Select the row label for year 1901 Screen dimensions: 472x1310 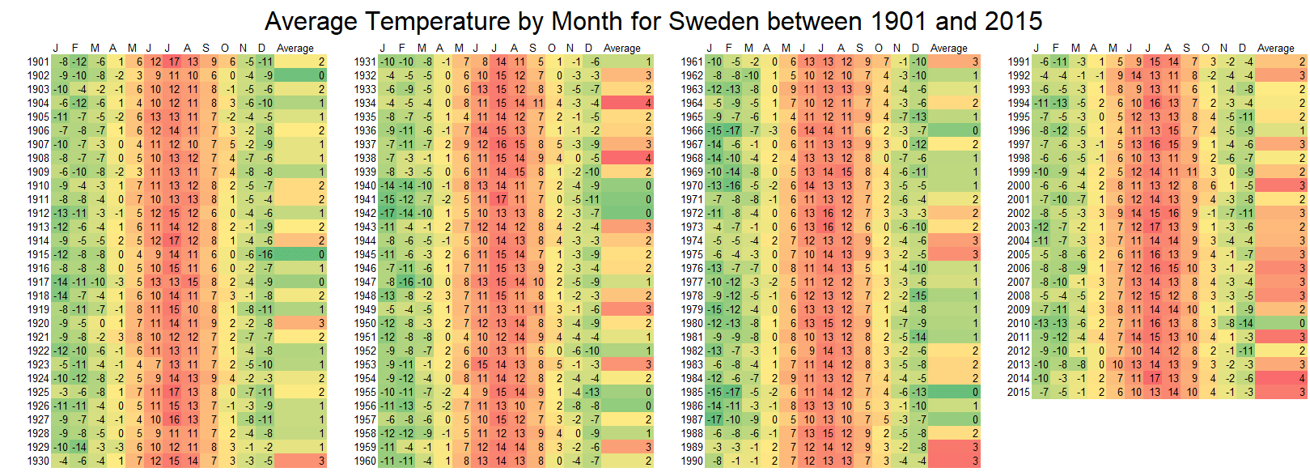click(x=38, y=62)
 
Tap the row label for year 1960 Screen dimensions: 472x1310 click(x=365, y=461)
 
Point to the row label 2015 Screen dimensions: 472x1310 click(x=1019, y=392)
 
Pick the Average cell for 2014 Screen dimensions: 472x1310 click(x=1279, y=378)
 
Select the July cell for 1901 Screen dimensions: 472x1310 click(x=175, y=62)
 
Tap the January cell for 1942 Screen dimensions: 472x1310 click(x=388, y=213)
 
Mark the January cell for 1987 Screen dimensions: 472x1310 click(x=714, y=419)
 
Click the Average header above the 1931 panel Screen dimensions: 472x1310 click(x=621, y=48)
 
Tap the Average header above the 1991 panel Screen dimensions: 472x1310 click(x=1275, y=48)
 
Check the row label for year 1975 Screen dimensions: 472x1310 click(x=692, y=254)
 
